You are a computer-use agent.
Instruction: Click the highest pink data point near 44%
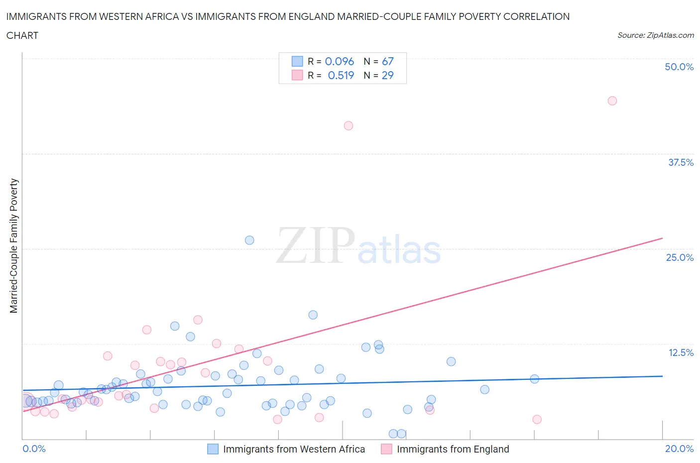612,101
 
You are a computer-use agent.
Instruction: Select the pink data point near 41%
349,125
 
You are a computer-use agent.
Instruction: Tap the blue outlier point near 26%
249,240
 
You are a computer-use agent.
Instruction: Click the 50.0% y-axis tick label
679,67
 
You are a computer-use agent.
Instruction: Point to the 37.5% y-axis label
681,162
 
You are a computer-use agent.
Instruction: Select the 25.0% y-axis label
680,257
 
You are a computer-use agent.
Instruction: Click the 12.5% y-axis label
681,352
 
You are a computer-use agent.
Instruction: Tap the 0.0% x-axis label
34,449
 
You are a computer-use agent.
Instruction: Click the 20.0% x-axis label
679,449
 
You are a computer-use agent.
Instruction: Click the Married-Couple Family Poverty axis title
14,246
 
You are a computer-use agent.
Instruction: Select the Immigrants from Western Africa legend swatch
213,449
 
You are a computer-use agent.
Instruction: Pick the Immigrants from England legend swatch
386,449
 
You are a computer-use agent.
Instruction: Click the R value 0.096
340,61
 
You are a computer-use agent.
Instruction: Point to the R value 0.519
341,75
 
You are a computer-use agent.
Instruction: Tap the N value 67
388,61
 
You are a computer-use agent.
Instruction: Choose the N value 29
388,75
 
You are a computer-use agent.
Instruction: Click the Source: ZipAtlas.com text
655,35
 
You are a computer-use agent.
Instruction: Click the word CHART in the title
22,35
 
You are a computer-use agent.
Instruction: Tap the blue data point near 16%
313,315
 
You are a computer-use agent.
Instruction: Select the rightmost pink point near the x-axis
537,419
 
